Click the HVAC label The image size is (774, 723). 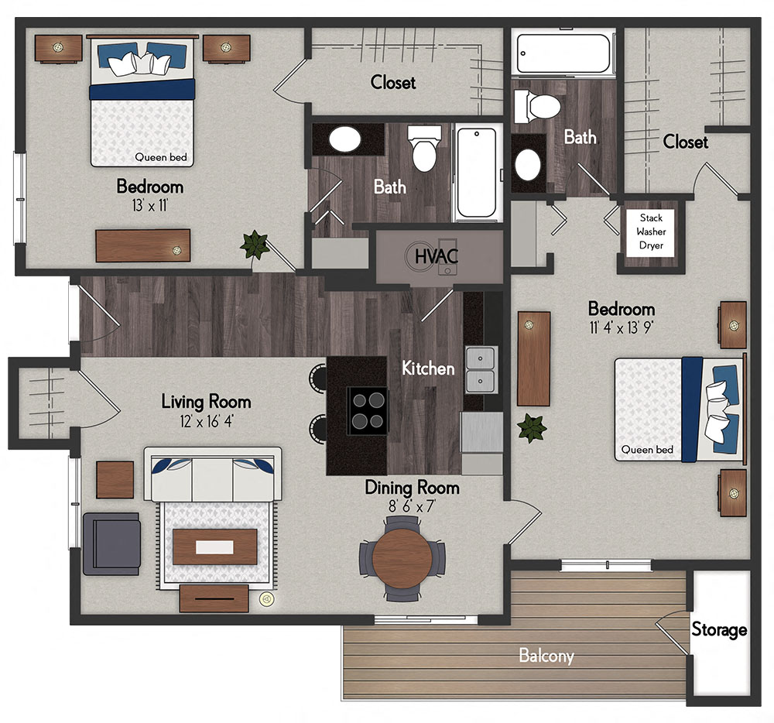point(437,255)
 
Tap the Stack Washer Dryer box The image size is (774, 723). point(651,232)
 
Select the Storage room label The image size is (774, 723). point(719,629)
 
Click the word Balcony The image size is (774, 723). point(546,656)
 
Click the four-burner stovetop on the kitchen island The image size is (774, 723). point(367,410)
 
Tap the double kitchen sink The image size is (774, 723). point(481,369)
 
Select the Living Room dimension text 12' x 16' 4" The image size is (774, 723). point(206,423)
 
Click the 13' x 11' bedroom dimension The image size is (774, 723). point(149,206)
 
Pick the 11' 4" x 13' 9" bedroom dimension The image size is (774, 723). point(621,327)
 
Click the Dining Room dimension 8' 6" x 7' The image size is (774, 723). point(412,508)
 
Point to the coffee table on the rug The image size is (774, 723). point(214,547)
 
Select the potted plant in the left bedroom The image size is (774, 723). point(253,245)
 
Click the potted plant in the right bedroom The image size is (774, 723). point(532,427)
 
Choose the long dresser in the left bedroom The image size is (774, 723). point(143,245)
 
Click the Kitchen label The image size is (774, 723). point(428,368)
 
